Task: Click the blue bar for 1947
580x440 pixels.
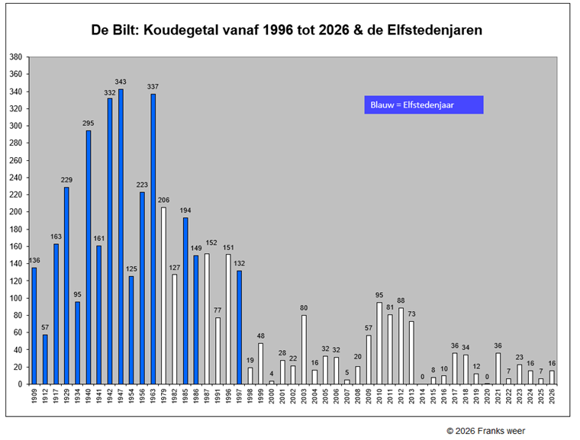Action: point(121,236)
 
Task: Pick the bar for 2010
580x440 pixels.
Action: point(379,343)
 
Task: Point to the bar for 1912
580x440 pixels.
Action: point(45,359)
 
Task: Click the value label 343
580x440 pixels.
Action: point(121,82)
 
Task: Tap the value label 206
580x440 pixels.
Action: point(163,200)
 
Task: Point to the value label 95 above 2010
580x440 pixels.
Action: point(379,295)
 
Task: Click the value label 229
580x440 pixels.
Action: point(66,179)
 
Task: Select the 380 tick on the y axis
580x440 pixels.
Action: point(14,57)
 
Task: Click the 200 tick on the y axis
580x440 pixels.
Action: point(14,212)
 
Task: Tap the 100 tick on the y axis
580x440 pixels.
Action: point(14,298)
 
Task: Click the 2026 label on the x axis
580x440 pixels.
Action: point(553,398)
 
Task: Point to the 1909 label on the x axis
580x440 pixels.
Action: point(34,398)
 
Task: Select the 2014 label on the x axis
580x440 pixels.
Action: point(423,398)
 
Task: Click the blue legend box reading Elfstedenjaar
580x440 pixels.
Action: point(424,105)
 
